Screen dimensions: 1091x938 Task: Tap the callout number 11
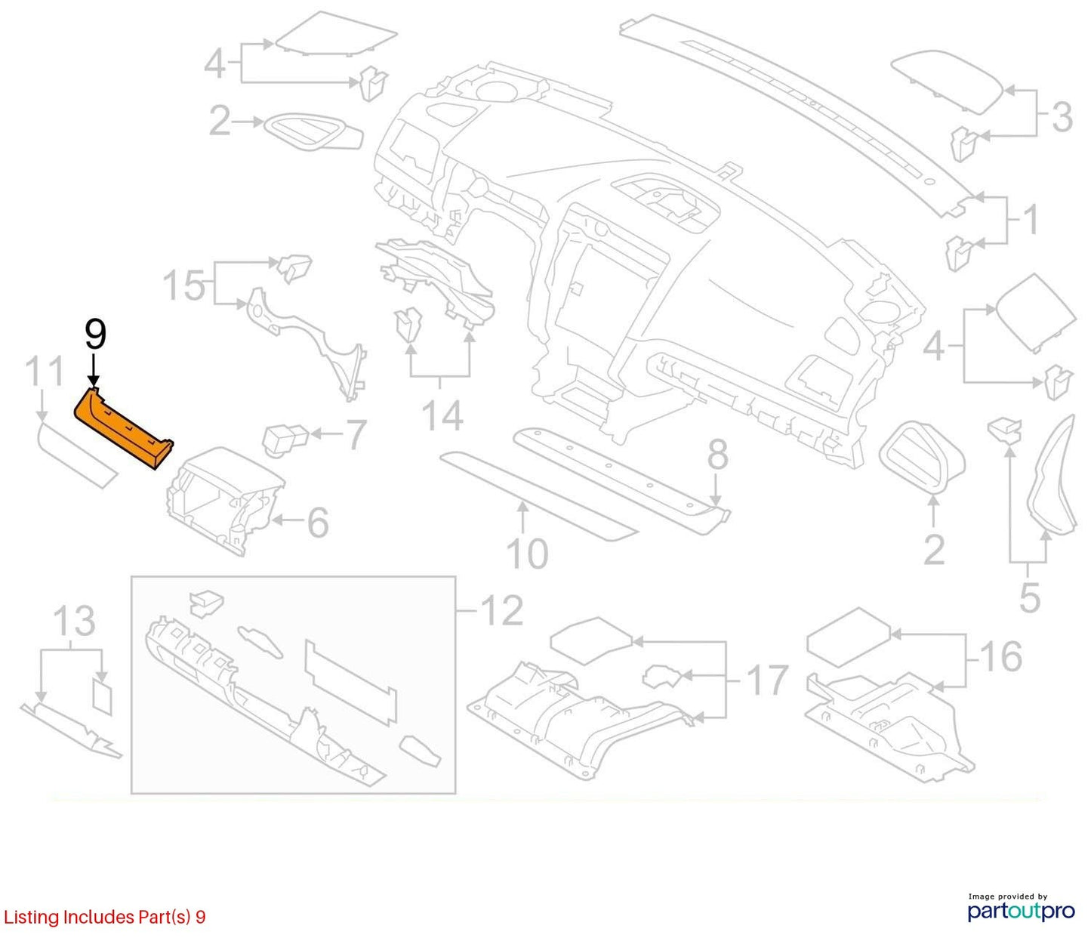pos(45,372)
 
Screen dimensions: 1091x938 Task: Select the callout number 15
pos(184,285)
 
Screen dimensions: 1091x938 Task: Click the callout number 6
pos(318,522)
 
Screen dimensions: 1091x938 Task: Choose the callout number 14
pos(443,415)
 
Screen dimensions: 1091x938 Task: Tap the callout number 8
pos(717,455)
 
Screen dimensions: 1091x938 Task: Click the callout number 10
pos(527,554)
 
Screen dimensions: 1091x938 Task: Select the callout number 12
pos(502,611)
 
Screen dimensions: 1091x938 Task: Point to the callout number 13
pos(75,621)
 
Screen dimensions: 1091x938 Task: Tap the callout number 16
pos(1003,657)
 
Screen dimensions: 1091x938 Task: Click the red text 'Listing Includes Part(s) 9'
pos(104,917)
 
